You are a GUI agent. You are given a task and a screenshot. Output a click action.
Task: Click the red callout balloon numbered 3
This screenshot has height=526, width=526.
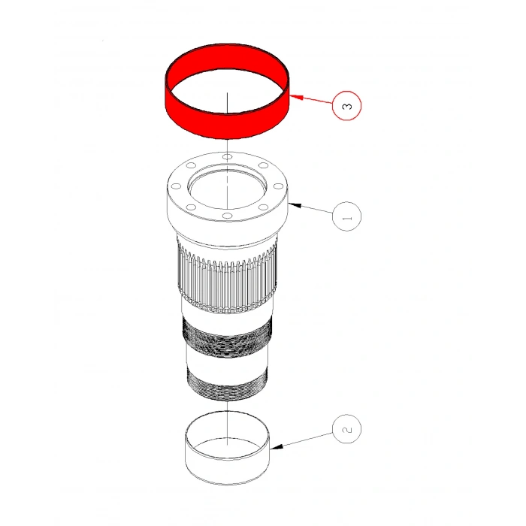pos(346,104)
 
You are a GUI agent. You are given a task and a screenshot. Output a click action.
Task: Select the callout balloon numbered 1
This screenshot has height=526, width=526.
pos(346,216)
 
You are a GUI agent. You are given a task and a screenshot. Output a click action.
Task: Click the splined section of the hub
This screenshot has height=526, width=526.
pos(225,274)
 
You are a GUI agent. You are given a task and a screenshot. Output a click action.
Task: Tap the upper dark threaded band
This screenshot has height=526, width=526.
pos(225,334)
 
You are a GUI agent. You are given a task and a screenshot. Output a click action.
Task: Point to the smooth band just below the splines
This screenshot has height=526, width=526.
pos(225,310)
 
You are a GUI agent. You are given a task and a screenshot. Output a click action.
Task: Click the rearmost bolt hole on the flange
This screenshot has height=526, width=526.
pos(226,156)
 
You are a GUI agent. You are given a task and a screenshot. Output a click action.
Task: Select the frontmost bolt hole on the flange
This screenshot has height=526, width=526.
pos(226,216)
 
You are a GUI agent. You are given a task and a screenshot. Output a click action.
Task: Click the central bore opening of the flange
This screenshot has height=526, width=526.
pos(226,187)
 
